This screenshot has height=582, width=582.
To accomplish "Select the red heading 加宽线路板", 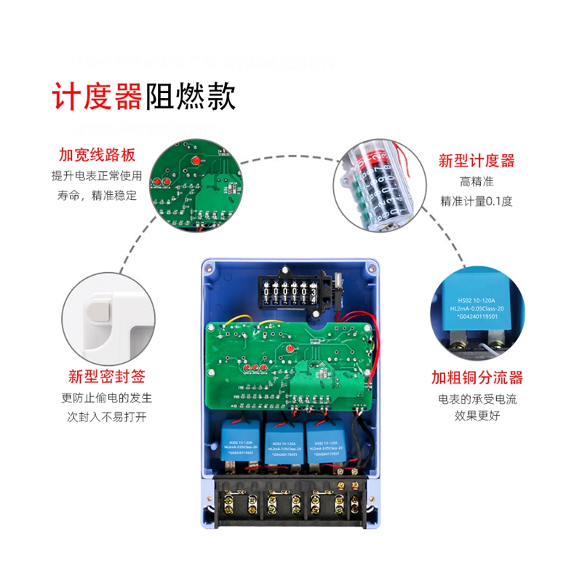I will pyautogui.click(x=97, y=156).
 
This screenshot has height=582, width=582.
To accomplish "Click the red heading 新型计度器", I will pyautogui.click(x=477, y=161).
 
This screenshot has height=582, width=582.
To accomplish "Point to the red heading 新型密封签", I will pyautogui.click(x=106, y=377).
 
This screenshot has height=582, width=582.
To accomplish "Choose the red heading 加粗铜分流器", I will pyautogui.click(x=477, y=378).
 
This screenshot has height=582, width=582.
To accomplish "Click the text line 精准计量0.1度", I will pyautogui.click(x=477, y=201).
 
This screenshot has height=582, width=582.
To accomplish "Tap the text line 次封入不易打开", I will pyautogui.click(x=106, y=418).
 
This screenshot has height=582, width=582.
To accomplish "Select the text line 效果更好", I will pyautogui.click(x=477, y=417).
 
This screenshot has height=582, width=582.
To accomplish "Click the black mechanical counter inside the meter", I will pyautogui.click(x=290, y=295).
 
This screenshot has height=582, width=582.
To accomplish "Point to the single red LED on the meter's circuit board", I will pyautogui.click(x=290, y=351).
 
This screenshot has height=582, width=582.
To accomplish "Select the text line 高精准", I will pyautogui.click(x=477, y=181).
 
